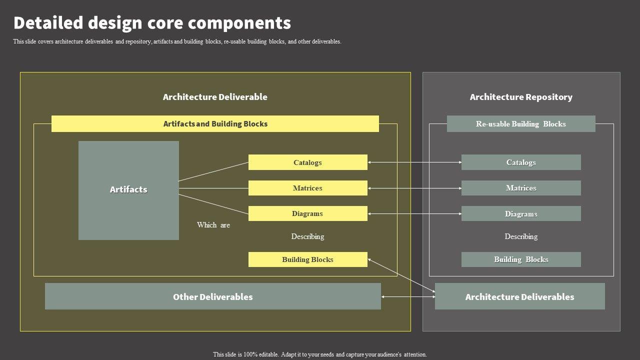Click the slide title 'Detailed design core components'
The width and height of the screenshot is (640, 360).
(x=152, y=23)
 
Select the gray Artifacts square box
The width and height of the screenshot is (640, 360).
(x=128, y=190)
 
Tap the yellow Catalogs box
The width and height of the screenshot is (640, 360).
(x=307, y=162)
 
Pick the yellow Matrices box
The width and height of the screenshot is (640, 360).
(x=307, y=188)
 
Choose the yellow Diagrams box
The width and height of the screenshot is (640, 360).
(x=307, y=213)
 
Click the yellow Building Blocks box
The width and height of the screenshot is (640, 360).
(x=307, y=259)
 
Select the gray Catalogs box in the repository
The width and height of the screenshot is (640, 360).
(x=521, y=162)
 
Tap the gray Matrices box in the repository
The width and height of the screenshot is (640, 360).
(x=521, y=188)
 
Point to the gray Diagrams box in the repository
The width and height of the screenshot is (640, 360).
(x=521, y=213)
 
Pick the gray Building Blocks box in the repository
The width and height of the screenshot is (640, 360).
(x=521, y=259)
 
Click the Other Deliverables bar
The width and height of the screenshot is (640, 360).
(x=212, y=296)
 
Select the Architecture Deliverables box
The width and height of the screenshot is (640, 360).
(x=519, y=296)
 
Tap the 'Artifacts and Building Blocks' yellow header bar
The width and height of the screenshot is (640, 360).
(x=215, y=123)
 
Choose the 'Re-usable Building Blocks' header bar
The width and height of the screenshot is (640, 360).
(x=521, y=123)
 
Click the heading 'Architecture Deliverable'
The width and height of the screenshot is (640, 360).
(x=215, y=97)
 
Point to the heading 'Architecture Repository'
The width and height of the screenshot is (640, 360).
(x=521, y=97)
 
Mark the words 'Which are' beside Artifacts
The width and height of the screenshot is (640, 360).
(x=213, y=225)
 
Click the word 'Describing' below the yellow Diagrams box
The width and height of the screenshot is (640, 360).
(x=307, y=236)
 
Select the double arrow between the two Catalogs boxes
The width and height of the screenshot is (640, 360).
(x=414, y=162)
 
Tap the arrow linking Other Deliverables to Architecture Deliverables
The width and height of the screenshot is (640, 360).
(x=408, y=297)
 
